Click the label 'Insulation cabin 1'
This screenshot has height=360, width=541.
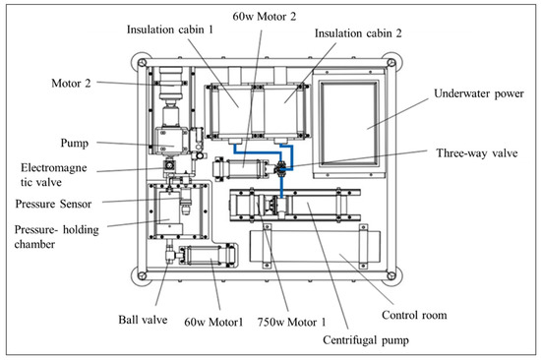[x=170, y=30]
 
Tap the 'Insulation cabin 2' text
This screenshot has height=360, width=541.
[x=358, y=33]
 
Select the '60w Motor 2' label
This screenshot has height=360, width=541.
[x=265, y=17]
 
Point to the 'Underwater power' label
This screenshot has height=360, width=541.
[x=479, y=93]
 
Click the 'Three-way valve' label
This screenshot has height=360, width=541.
[x=477, y=153]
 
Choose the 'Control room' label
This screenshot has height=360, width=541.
[x=414, y=315]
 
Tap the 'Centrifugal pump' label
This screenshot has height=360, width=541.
[x=366, y=340]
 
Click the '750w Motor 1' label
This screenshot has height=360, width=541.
[x=291, y=323]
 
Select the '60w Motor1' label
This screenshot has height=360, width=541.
[x=213, y=323]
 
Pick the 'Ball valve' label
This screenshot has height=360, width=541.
[x=143, y=320]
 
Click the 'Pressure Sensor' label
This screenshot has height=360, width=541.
[x=53, y=204]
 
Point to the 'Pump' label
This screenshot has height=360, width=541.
[x=75, y=144]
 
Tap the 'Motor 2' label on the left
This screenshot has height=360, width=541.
[x=71, y=84]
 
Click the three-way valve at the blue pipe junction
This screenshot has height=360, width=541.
[x=281, y=169]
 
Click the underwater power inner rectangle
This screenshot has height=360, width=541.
[x=349, y=124]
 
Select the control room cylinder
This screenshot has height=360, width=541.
[x=315, y=247]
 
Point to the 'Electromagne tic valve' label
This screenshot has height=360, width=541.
[x=53, y=175]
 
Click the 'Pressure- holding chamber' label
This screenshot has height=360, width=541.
[x=57, y=237]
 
